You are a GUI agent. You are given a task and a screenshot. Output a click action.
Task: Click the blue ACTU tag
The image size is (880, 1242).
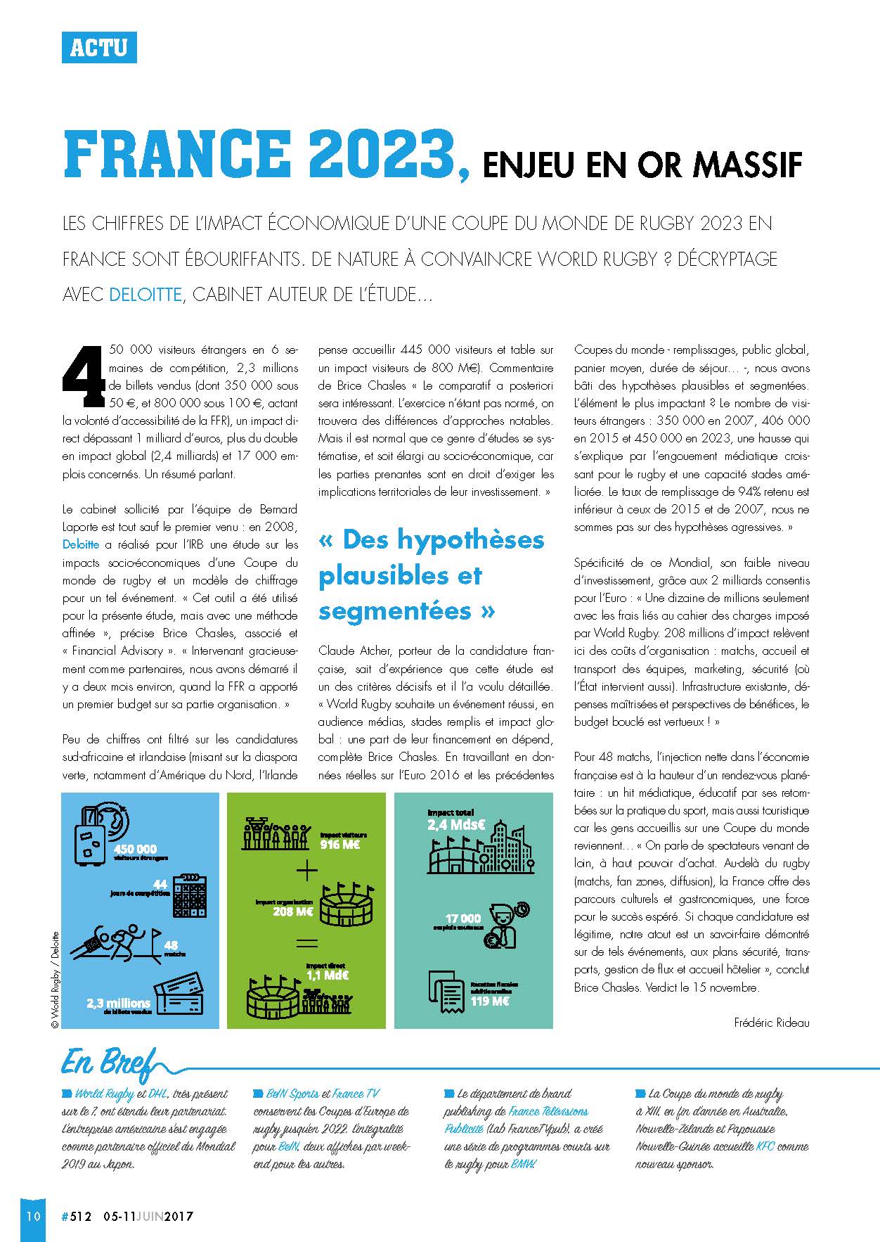tap(99, 47)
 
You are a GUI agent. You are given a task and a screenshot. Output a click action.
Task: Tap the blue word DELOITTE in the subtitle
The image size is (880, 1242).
tap(145, 294)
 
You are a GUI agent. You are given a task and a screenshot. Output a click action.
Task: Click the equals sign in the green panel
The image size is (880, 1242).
tap(306, 943)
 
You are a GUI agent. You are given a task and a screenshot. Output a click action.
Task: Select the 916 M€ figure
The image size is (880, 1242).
tap(339, 845)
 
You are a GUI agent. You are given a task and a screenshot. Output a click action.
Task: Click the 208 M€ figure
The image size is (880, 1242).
tap(293, 912)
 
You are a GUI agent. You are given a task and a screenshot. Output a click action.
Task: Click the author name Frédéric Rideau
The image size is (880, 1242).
tap(771, 1023)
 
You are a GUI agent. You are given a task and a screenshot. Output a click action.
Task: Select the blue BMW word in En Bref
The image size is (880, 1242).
tap(523, 1164)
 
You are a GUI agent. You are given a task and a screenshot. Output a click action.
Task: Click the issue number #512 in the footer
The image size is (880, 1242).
tap(77, 1217)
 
